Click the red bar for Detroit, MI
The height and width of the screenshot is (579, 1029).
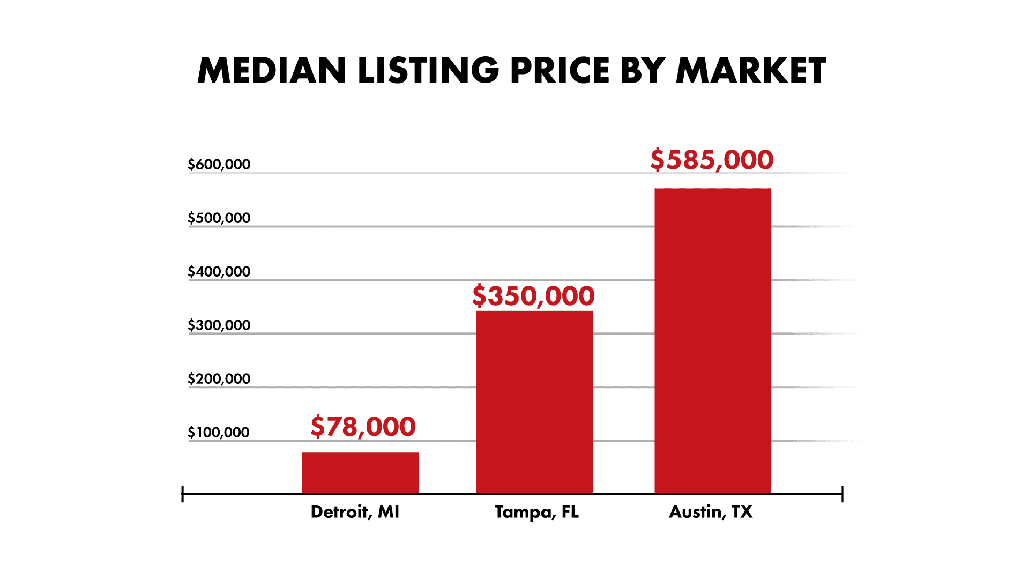(360, 473)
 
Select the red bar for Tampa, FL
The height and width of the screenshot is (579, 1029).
(534, 402)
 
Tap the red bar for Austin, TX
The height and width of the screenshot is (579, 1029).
(713, 340)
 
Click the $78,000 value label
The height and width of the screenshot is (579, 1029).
(363, 427)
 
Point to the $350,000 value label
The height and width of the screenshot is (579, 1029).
(533, 296)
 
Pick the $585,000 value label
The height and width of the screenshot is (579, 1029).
(712, 160)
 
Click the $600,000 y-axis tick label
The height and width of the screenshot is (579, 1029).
(219, 165)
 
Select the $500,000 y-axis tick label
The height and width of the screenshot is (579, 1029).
(219, 218)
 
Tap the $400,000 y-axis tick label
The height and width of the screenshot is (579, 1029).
(219, 272)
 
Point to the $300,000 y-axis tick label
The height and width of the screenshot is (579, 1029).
(219, 325)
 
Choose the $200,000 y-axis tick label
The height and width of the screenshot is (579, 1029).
(219, 379)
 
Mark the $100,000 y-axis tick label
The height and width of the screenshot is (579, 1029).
(219, 433)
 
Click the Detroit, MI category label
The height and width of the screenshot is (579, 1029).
(355, 512)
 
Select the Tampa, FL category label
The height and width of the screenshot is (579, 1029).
(536, 512)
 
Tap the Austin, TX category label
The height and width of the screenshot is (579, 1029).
(711, 512)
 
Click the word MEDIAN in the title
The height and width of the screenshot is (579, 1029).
(272, 71)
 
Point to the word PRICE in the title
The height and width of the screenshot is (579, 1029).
(560, 71)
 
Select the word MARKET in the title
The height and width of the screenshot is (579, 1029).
(751, 71)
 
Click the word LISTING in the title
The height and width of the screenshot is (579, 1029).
(428, 71)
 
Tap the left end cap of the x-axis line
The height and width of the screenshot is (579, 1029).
(183, 494)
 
